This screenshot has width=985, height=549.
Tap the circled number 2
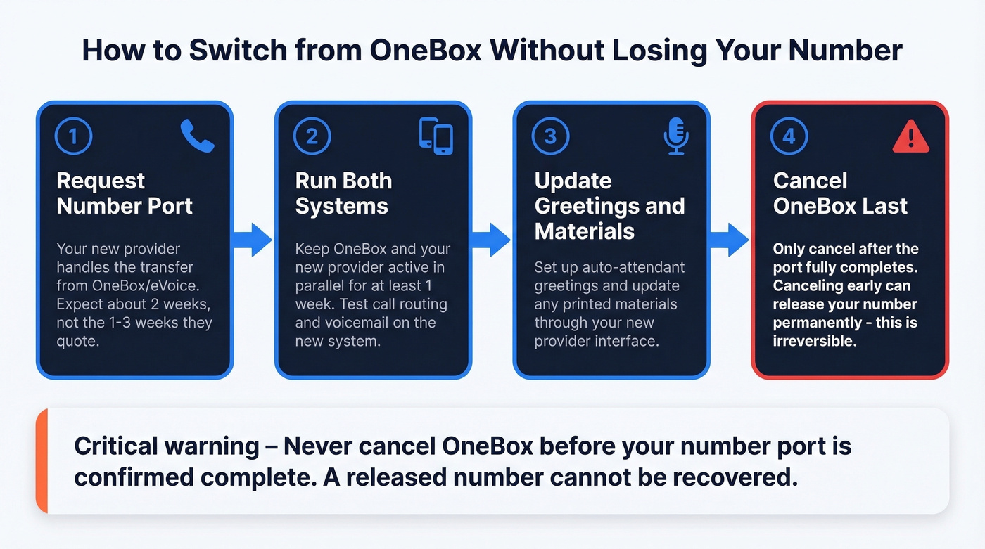312,137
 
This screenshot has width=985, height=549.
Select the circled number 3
550,137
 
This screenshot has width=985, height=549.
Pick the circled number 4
789,137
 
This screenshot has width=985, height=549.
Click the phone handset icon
197,136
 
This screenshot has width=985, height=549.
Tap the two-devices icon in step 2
436,136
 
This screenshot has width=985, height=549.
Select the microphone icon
675,136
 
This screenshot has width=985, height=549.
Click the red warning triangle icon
911,137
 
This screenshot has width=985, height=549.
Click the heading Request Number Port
125,193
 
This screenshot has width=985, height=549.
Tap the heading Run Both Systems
343,193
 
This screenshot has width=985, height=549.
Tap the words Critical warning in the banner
166,446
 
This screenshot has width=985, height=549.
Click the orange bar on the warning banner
41,460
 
